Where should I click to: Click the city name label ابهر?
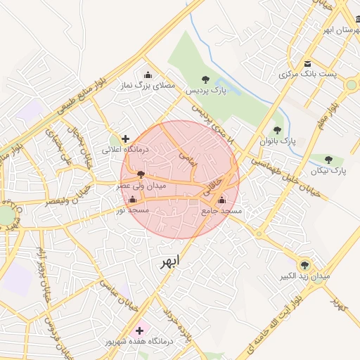[169, 262]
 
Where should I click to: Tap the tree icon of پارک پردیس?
[205, 79]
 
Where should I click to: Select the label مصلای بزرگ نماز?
[148, 85]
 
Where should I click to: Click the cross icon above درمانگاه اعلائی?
[126, 139]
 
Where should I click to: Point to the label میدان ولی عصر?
[141, 186]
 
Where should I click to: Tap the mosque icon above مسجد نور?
[132, 200]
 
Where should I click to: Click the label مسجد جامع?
[221, 210]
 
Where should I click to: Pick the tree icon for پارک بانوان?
[277, 130]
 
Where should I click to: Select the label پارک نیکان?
[330, 171]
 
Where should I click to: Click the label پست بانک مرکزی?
[308, 74]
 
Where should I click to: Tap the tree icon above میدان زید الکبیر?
[304, 265]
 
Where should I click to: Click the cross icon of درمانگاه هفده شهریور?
[139, 330]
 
